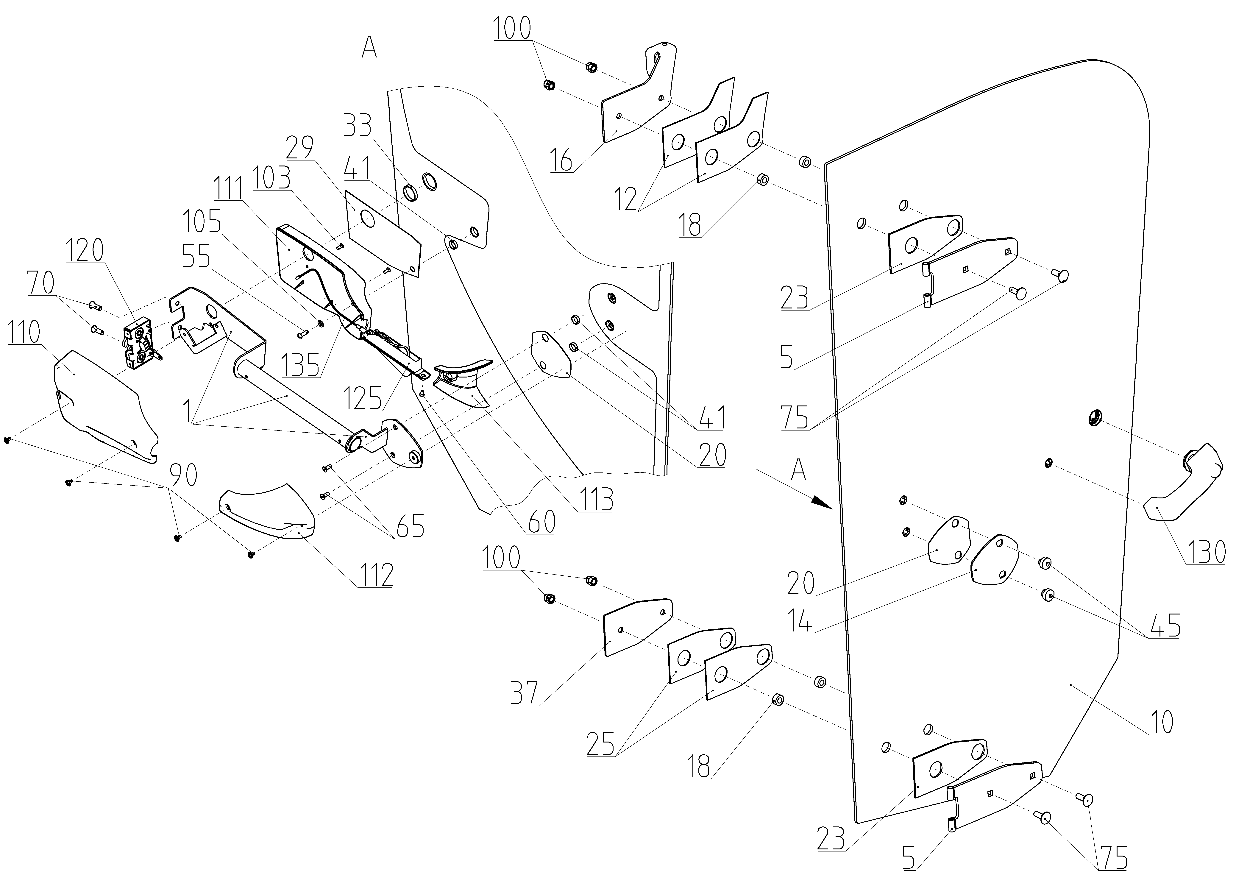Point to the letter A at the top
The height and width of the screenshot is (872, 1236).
[x=369, y=48]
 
